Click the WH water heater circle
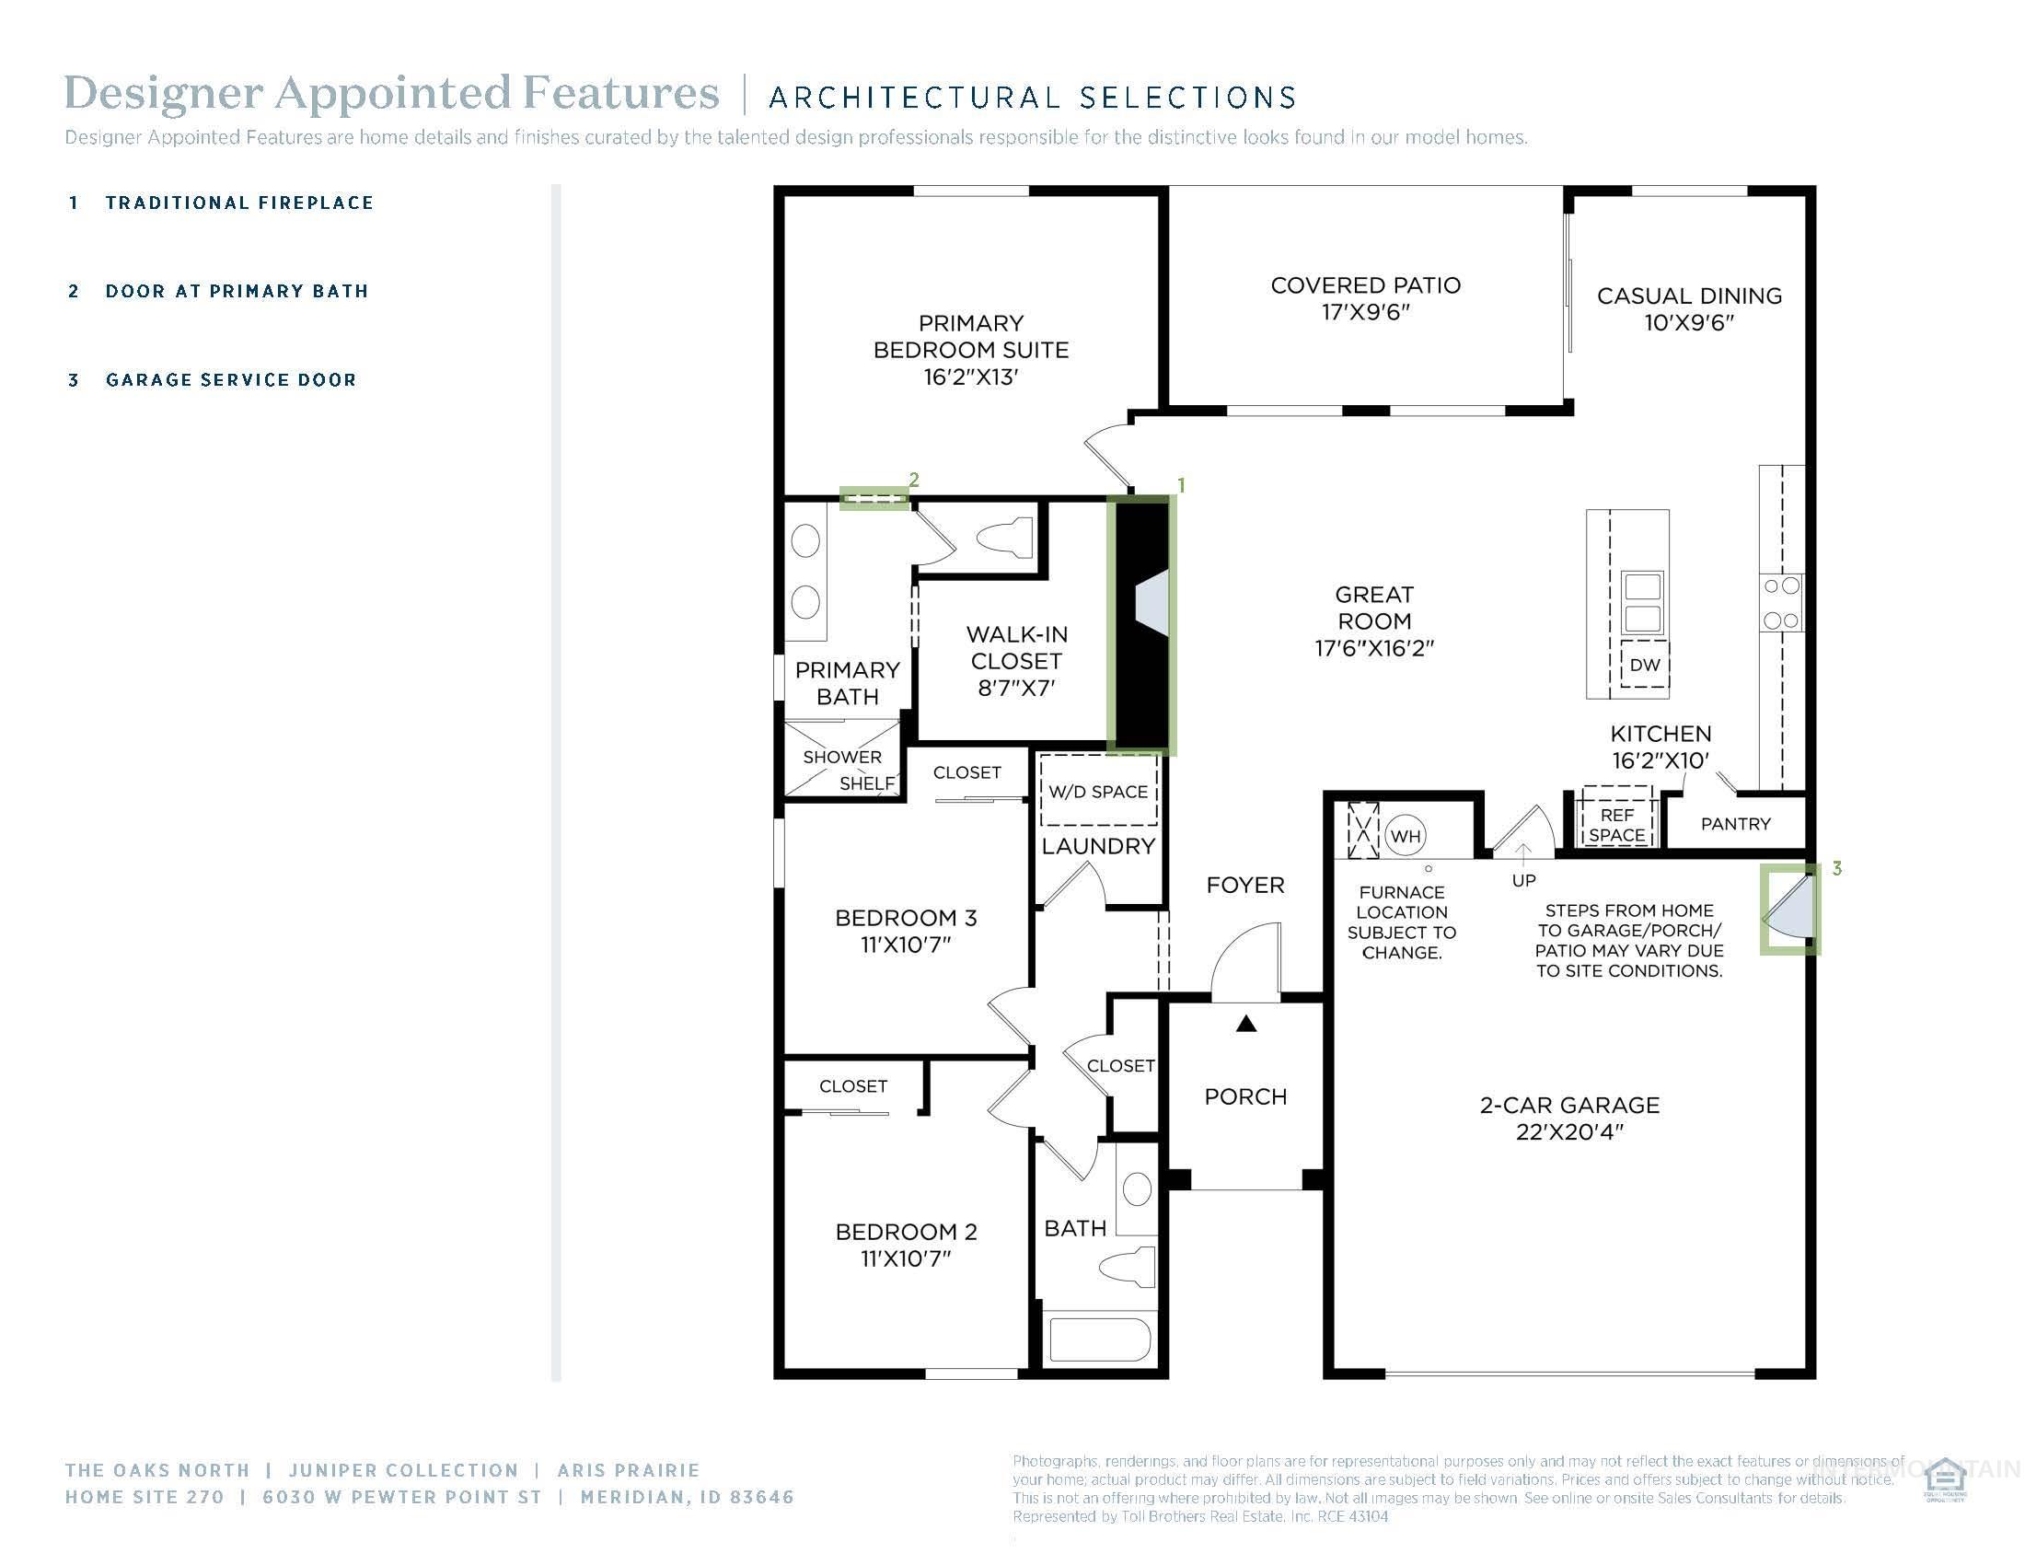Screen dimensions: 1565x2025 [x=1405, y=836]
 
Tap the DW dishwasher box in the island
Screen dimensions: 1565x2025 [x=1644, y=665]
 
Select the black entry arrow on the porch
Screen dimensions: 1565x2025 [x=1246, y=1024]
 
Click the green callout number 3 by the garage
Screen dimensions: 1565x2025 [x=1837, y=869]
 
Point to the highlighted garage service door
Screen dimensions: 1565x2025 [x=1789, y=910]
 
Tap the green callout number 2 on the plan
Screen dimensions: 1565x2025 [x=914, y=480]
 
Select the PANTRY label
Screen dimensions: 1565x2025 [x=1735, y=824]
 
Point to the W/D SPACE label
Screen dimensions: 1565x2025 [x=1098, y=792]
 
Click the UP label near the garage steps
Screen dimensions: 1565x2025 [x=1523, y=881]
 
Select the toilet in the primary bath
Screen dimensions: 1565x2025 [x=1007, y=537]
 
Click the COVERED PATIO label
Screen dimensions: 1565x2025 [x=1365, y=285]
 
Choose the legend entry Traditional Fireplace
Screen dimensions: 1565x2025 [x=238, y=203]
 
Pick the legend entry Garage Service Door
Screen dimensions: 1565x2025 [x=230, y=380]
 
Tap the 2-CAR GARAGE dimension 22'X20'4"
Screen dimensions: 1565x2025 [x=1568, y=1132]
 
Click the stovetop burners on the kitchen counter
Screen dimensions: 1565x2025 [x=1780, y=603]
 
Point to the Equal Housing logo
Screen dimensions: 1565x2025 [x=1945, y=1480]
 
